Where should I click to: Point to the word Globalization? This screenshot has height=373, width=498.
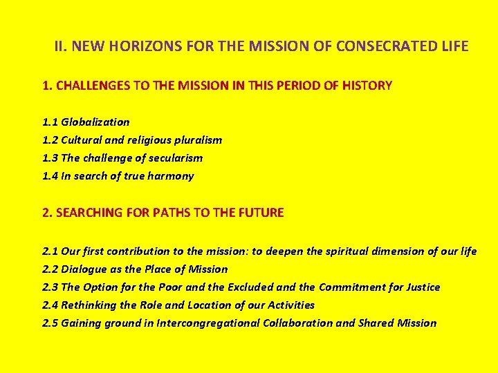coord(95,122)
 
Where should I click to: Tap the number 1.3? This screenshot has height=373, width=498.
coord(50,158)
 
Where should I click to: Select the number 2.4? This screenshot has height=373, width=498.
coord(50,305)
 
